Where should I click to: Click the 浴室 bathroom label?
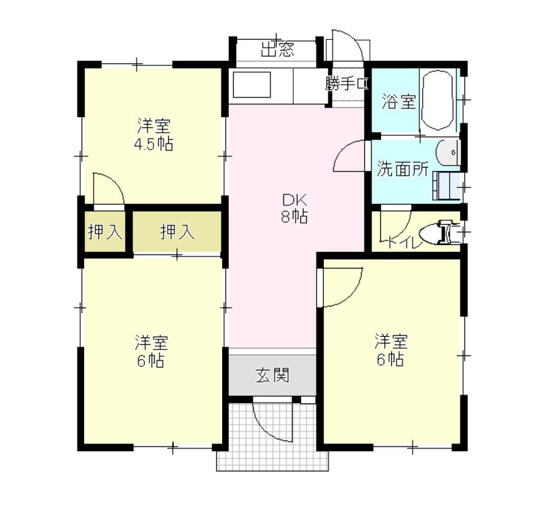399,102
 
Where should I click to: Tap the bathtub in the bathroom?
437,101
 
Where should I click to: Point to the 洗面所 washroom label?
403,169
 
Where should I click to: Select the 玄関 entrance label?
273,375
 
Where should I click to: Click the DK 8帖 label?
295,209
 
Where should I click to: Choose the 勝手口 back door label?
347,83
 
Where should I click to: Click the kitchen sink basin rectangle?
252,85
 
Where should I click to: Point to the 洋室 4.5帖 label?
154,135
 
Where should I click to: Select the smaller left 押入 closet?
105,231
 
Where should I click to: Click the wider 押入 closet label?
177,232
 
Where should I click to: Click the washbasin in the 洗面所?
448,153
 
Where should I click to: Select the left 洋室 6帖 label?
151,351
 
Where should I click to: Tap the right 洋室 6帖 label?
391,350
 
